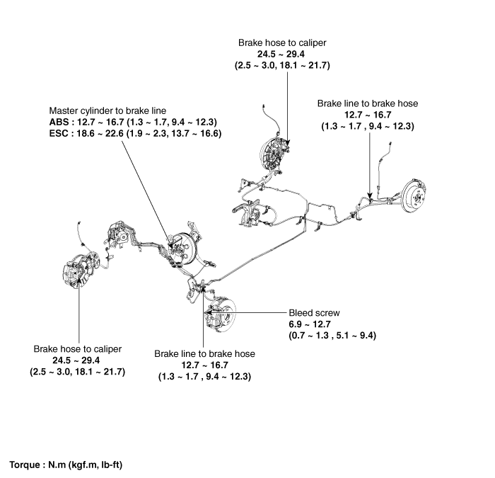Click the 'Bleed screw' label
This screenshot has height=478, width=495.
point(314,312)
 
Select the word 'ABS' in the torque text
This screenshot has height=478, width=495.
point(59,122)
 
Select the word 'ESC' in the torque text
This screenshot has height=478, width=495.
point(59,132)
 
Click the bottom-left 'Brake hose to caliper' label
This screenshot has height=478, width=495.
point(78,349)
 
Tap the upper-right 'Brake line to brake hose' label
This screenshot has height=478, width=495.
point(367,103)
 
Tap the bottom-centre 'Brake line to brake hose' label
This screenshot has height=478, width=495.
point(204,353)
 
